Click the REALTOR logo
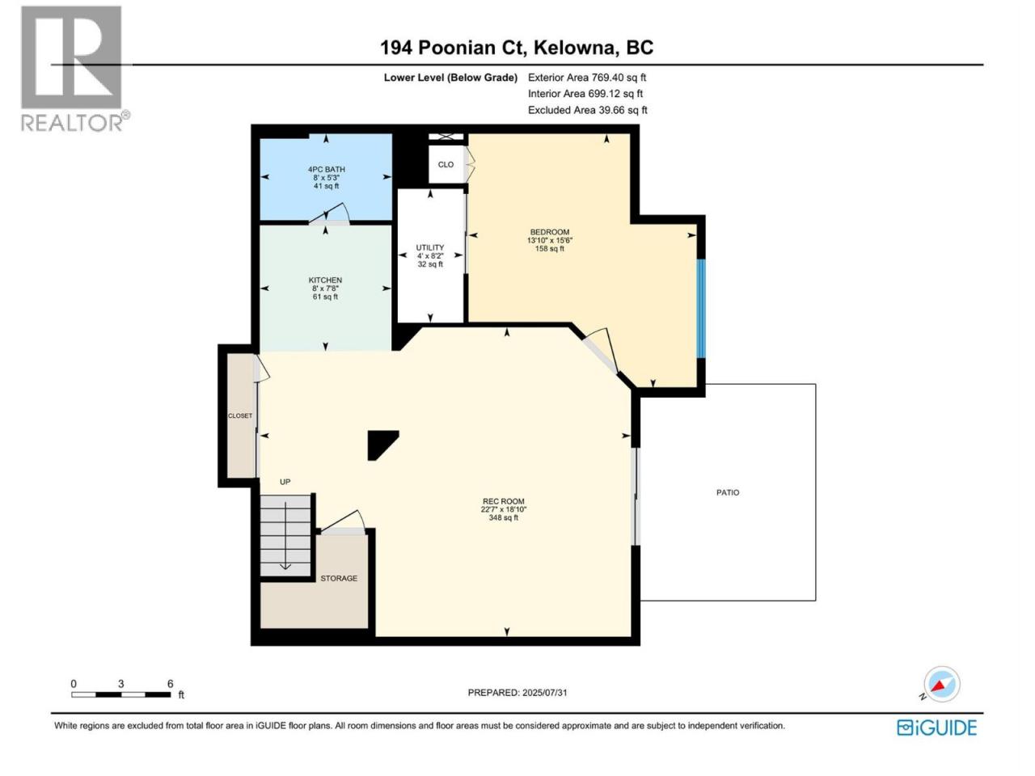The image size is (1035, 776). coord(73,69)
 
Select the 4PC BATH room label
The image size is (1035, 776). coord(326,169)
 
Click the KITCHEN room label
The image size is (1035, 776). coord(325,280)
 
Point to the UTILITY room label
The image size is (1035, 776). coord(429,247)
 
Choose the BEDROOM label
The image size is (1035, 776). coord(549,232)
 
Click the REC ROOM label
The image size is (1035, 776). coord(503,501)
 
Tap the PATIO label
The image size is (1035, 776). coord(728,492)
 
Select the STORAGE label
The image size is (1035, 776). coord(339,578)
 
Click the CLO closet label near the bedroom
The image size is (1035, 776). coord(446,164)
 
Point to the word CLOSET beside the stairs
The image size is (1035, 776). coord(240,415)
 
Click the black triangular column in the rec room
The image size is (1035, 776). coord(380,443)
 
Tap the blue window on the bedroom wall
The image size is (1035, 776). coord(701,309)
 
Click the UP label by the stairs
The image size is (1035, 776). coord(285,482)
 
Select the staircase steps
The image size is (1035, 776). coord(285,535)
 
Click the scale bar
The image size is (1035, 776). coord(121,694)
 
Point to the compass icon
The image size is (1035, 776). coord(941,684)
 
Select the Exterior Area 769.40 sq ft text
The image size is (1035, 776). coord(587,78)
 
